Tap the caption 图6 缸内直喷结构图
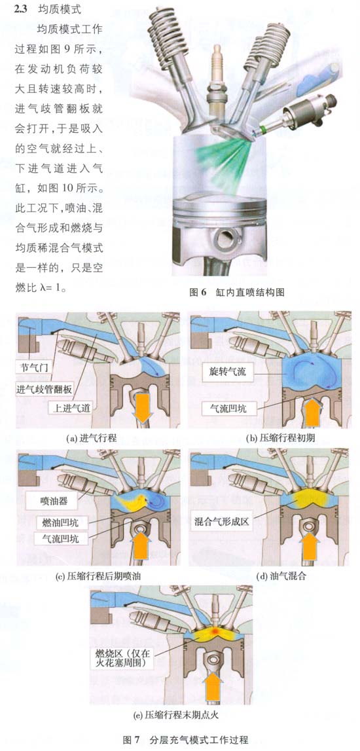click(237, 292)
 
